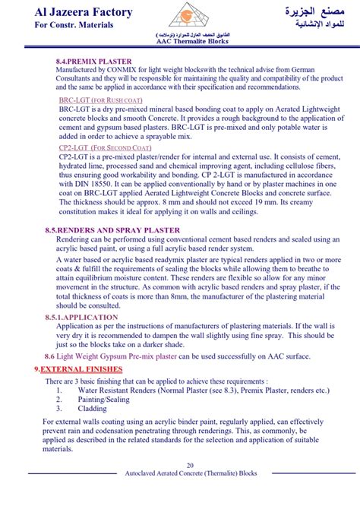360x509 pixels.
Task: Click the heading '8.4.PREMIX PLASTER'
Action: (93, 61)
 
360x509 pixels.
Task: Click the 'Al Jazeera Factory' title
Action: (73, 12)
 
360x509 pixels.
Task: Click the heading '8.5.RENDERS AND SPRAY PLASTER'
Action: (112, 229)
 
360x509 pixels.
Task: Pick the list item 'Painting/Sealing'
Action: (104, 398)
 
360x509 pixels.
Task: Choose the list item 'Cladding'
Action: (93, 407)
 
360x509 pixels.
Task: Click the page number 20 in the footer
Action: (180, 465)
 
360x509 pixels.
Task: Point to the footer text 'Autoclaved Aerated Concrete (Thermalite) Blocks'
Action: (180, 473)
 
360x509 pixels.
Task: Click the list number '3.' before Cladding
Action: (59, 407)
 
